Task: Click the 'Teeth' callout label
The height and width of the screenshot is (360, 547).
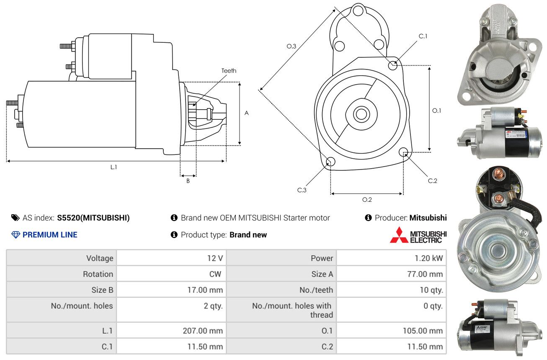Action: coord(229,71)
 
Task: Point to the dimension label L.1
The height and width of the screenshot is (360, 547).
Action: coord(114,167)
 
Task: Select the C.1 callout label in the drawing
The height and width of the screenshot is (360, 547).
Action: coord(423,36)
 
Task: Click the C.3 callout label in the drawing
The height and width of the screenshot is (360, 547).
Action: coord(302,190)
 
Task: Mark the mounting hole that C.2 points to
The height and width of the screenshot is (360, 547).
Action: coord(403,152)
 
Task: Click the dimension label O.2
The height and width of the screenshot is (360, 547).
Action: coord(367,200)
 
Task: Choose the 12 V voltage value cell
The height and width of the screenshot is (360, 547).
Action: coord(215,258)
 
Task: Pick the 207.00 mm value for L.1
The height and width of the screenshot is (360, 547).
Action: coord(203,331)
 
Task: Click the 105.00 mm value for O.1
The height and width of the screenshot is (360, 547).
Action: coord(423,331)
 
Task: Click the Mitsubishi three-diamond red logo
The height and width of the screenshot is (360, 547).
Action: coord(399,235)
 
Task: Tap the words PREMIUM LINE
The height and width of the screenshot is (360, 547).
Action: coord(50,235)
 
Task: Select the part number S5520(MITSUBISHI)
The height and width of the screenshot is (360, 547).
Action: coord(93,218)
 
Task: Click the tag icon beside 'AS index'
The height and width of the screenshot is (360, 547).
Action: coord(15,218)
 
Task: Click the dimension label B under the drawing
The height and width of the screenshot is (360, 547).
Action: coord(188,181)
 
